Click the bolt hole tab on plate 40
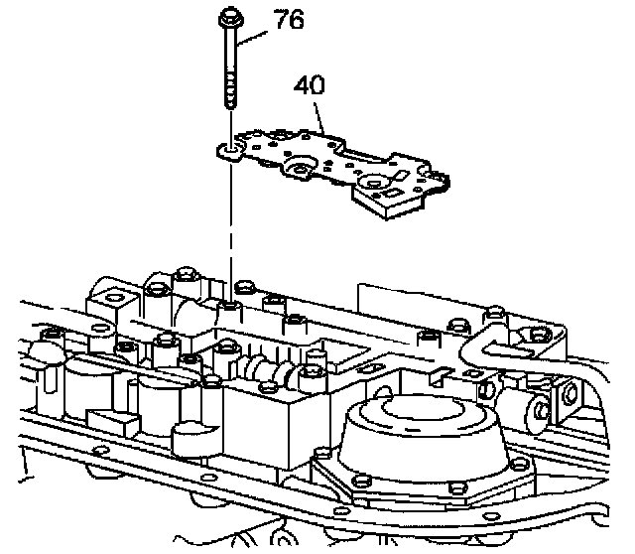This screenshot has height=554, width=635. click(x=230, y=150)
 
